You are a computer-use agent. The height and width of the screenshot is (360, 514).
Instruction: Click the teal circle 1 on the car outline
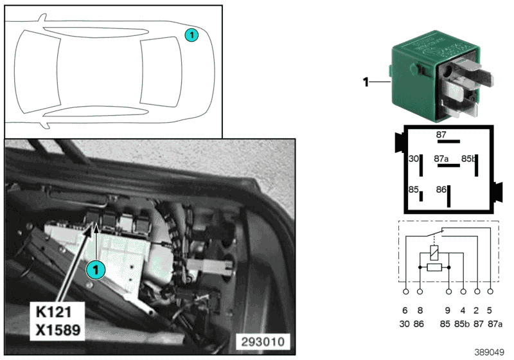tap(191, 35)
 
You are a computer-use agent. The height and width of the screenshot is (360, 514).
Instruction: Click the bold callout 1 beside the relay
tap(366, 82)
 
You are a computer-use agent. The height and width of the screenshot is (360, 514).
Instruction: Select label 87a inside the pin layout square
tap(441, 158)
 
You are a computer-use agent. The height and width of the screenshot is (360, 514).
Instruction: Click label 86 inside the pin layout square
tap(441, 190)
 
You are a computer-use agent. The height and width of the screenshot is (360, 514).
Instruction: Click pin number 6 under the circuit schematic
tap(405, 309)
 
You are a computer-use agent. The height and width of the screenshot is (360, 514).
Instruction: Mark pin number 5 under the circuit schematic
tap(491, 309)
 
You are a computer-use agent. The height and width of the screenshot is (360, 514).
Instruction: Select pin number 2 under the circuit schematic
tap(477, 309)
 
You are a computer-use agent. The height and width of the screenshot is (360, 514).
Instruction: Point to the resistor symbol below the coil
tap(434, 266)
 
